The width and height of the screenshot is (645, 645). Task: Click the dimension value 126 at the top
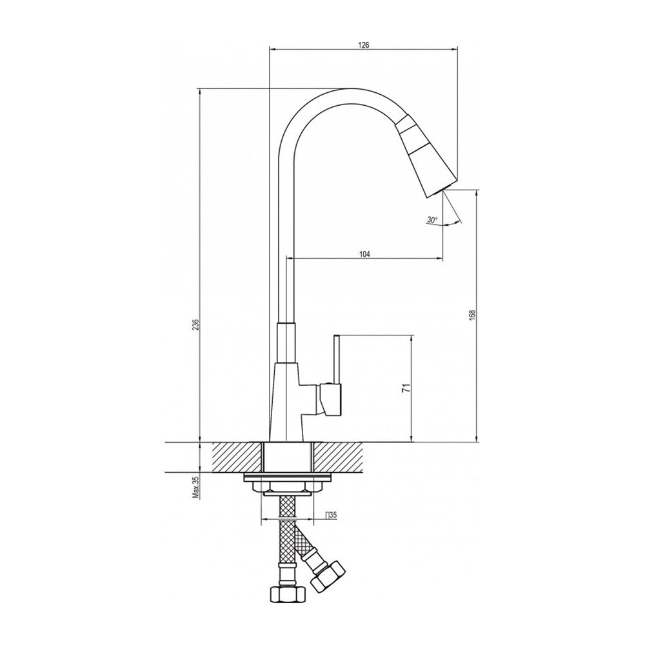pos(364,45)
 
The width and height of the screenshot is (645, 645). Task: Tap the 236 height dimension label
pos(196,324)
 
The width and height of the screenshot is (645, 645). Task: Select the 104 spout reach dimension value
pos(364,254)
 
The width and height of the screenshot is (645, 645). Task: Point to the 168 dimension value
pos(472,315)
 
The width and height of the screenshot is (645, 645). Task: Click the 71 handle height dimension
pos(406,388)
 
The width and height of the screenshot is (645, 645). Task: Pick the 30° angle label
pos(432,220)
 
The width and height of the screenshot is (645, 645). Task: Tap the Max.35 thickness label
pos(196,488)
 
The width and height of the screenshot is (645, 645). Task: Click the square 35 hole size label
pos(331,515)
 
